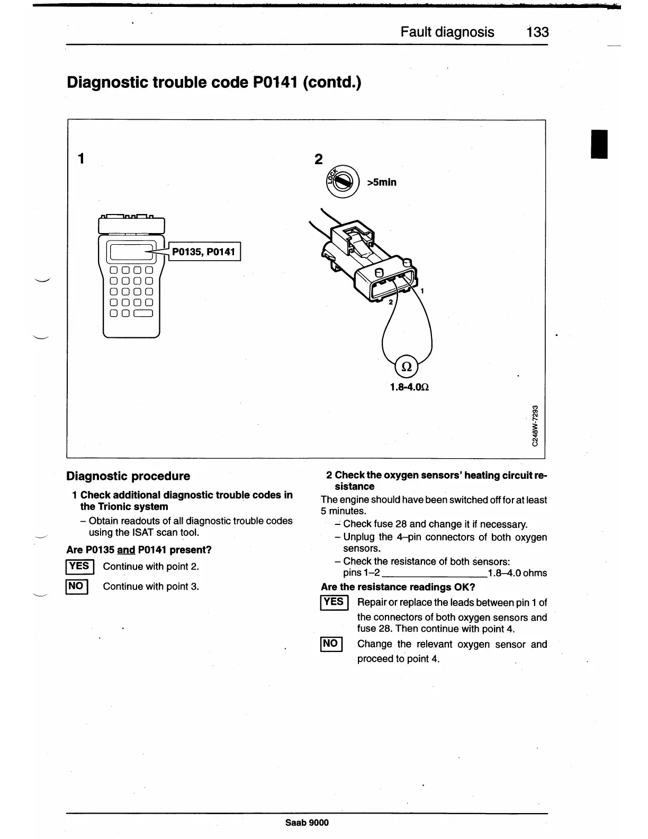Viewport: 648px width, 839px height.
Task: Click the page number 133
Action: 537,32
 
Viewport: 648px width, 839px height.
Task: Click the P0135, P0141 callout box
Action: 204,252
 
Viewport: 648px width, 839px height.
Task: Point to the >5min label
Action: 382,182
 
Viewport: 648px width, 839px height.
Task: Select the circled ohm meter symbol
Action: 407,366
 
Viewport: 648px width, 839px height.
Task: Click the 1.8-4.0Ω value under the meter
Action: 409,387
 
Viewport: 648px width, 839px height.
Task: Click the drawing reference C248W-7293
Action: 535,425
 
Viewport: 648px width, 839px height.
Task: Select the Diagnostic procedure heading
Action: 128,476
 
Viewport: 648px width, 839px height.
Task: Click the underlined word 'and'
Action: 126,550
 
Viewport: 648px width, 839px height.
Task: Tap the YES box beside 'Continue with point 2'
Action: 79,566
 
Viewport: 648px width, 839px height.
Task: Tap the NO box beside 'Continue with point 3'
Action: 76,586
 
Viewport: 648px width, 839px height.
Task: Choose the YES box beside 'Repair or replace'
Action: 334,602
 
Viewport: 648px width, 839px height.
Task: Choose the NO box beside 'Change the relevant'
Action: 330,644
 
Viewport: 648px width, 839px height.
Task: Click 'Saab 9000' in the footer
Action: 307,823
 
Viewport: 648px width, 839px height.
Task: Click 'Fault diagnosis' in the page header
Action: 447,32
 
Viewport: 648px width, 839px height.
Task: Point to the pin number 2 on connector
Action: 391,302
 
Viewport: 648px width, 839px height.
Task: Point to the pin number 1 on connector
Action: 422,291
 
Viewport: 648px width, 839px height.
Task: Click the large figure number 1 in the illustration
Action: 81,158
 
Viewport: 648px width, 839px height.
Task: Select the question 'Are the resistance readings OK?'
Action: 398,587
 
